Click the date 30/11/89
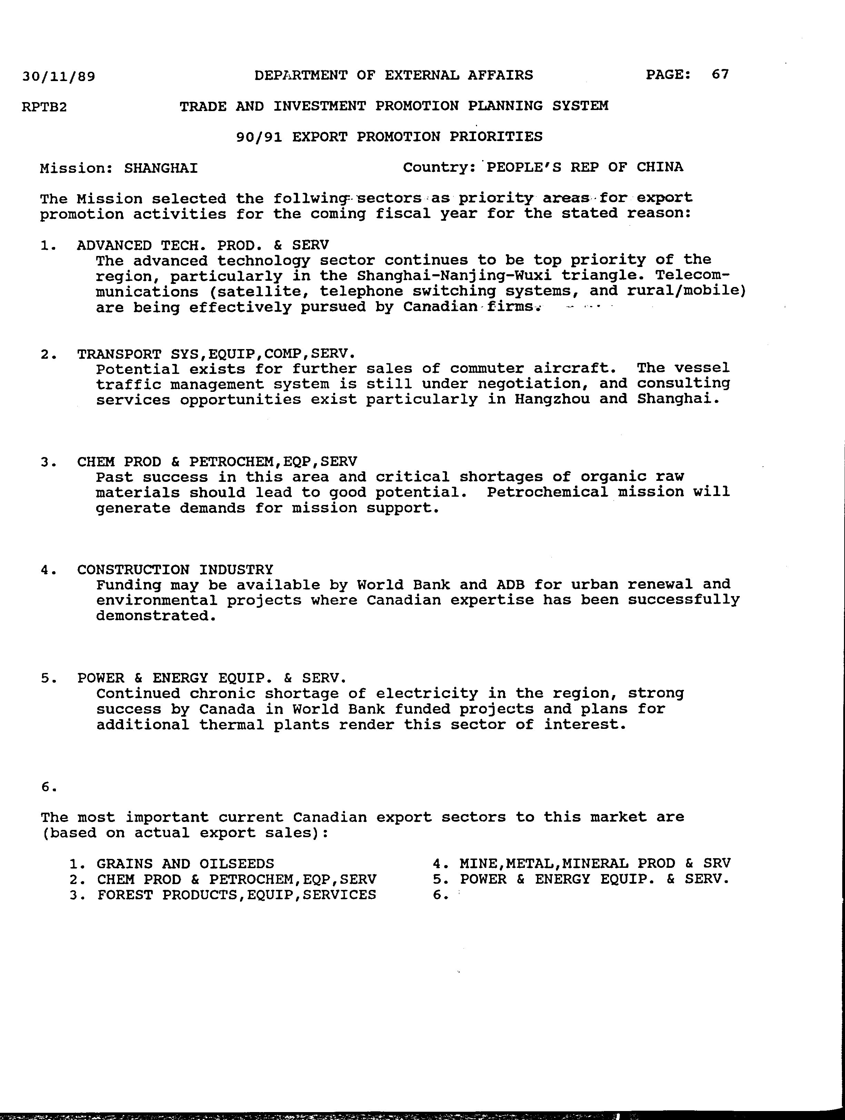click(x=58, y=77)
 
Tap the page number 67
click(x=720, y=75)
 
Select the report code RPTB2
click(x=44, y=107)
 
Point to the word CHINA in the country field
click(x=660, y=167)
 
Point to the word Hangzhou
click(x=552, y=399)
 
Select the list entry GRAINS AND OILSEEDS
click(x=185, y=863)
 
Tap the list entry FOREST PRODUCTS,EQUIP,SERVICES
click(x=237, y=895)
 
